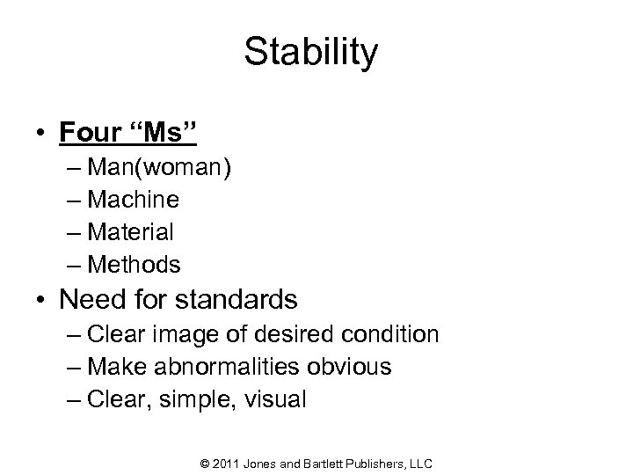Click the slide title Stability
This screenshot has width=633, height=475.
[311, 54]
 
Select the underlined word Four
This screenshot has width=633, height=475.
[91, 134]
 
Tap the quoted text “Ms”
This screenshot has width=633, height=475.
[164, 134]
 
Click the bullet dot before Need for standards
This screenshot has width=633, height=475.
[40, 300]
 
